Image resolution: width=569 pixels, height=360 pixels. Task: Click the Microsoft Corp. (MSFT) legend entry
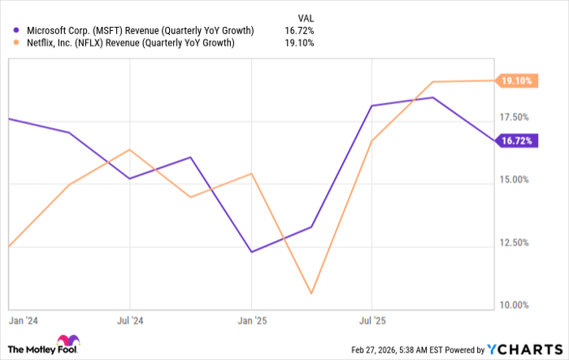pyautogui.click(x=131, y=30)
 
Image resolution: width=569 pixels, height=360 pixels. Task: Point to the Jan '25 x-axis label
pyautogui.click(x=251, y=320)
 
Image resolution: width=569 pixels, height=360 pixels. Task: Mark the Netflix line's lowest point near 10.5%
pyautogui.click(x=311, y=293)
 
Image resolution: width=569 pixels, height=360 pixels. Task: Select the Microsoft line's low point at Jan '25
pyautogui.click(x=251, y=252)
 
